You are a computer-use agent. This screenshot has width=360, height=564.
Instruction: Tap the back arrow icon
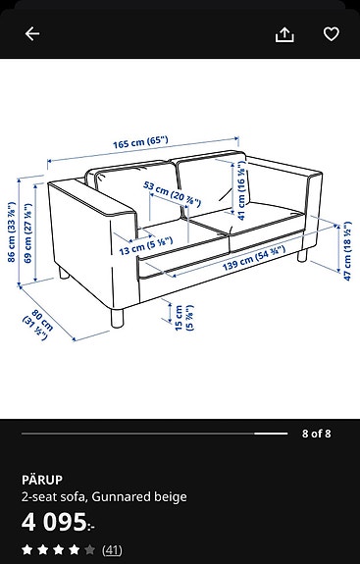tap(32, 34)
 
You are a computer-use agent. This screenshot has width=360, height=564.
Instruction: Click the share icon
tap(284, 34)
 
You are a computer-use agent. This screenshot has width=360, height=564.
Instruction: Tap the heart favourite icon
tap(331, 34)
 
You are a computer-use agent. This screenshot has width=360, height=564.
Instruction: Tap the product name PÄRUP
tap(41, 480)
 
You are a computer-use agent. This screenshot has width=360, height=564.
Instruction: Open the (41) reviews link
tap(112, 550)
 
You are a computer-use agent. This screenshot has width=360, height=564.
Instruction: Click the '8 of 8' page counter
tap(316, 433)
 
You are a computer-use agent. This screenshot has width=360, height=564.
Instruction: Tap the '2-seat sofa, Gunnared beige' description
tap(104, 496)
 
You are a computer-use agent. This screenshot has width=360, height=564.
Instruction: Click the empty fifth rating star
tap(90, 550)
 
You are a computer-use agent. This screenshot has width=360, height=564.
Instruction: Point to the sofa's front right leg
tap(301, 256)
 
